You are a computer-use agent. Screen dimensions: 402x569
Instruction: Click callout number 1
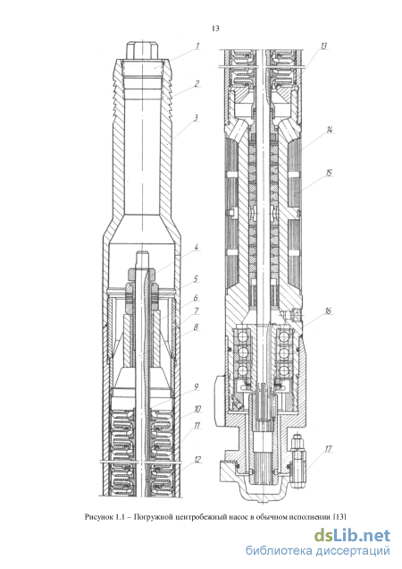pyautogui.click(x=197, y=47)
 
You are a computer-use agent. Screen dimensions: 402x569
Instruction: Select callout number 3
pyautogui.click(x=196, y=118)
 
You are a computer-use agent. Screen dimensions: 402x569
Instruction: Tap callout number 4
pyautogui.click(x=197, y=248)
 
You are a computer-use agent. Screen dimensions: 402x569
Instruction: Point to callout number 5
pyautogui.click(x=196, y=279)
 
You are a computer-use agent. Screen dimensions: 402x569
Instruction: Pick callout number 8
pyautogui.click(x=197, y=327)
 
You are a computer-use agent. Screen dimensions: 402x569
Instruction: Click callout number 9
pyautogui.click(x=197, y=386)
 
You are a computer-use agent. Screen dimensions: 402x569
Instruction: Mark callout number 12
pyautogui.click(x=197, y=460)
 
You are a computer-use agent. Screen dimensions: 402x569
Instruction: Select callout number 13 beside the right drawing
pyautogui.click(x=323, y=47)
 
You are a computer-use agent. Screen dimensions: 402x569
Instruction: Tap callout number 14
pyautogui.click(x=330, y=130)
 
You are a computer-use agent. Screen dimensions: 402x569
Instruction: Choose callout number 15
pyautogui.click(x=329, y=173)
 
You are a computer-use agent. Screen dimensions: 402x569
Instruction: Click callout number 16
pyautogui.click(x=328, y=311)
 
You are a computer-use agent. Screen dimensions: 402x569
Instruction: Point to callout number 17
pyautogui.click(x=328, y=449)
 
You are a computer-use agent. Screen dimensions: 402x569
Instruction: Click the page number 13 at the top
pyautogui.click(x=215, y=29)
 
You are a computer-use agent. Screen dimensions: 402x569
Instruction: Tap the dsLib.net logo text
pyautogui.click(x=352, y=536)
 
